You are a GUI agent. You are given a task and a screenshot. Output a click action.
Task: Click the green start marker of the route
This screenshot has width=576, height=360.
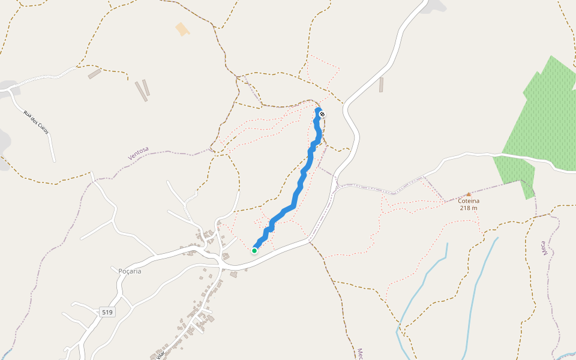coord(254,251)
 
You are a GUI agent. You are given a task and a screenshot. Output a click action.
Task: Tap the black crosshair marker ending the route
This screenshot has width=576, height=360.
coord(322,114)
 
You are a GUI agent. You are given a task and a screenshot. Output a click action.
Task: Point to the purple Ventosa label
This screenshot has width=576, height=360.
coord(138,154)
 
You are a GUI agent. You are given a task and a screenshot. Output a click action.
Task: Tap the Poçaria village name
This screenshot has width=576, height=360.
coord(130,271)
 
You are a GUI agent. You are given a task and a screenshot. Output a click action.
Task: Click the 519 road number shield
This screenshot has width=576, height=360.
coord(107,313)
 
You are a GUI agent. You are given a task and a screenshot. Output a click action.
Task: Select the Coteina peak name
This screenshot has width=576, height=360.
coord(469,201)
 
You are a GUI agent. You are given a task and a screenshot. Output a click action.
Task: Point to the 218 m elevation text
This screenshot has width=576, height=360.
coord(469,208)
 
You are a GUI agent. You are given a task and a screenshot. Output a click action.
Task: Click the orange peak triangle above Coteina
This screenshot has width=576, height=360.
coord(469,194)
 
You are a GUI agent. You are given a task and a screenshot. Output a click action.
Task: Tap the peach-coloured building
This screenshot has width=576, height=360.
coord(181,29)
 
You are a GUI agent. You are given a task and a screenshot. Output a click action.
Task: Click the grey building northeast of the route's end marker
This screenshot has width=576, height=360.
coord(381,85)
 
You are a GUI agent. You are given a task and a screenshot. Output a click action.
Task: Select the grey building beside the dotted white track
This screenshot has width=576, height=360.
coord(94,74)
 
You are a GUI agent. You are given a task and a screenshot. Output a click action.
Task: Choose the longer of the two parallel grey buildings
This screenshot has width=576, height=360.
coord(140,91)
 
